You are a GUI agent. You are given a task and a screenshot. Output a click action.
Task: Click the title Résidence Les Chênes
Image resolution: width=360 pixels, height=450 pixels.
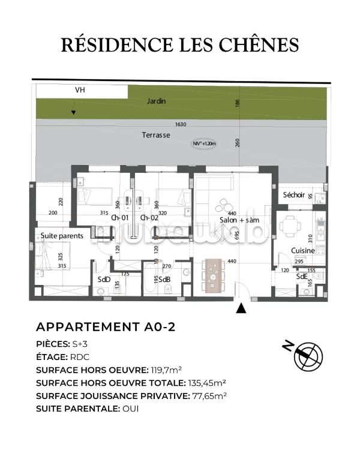tap(181, 45)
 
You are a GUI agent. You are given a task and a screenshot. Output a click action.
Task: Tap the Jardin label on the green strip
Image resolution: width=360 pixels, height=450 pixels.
tap(156, 101)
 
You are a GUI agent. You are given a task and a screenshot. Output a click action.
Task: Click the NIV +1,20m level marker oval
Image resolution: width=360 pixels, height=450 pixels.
tap(204, 143)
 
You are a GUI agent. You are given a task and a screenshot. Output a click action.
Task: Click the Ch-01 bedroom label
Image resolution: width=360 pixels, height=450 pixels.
tap(121, 218)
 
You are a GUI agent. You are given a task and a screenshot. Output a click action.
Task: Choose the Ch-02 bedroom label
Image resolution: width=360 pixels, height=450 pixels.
tap(149, 218)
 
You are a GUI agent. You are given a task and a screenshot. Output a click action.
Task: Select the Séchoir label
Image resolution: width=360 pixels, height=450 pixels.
tap(294, 195)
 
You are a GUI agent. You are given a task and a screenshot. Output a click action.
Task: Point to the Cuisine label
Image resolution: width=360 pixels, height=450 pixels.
tap(303, 250)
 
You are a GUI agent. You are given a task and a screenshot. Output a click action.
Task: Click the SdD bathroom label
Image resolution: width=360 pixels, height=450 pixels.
tap(103, 279)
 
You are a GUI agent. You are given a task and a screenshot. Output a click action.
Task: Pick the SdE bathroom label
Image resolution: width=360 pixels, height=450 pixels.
tap(302, 277)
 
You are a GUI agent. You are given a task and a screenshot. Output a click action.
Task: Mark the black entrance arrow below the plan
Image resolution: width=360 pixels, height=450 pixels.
tap(241, 308)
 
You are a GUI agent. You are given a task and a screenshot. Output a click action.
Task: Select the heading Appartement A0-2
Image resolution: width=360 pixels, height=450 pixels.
tap(106, 327)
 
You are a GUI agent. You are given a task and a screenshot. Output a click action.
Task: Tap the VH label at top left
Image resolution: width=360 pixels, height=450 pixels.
tap(79, 91)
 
